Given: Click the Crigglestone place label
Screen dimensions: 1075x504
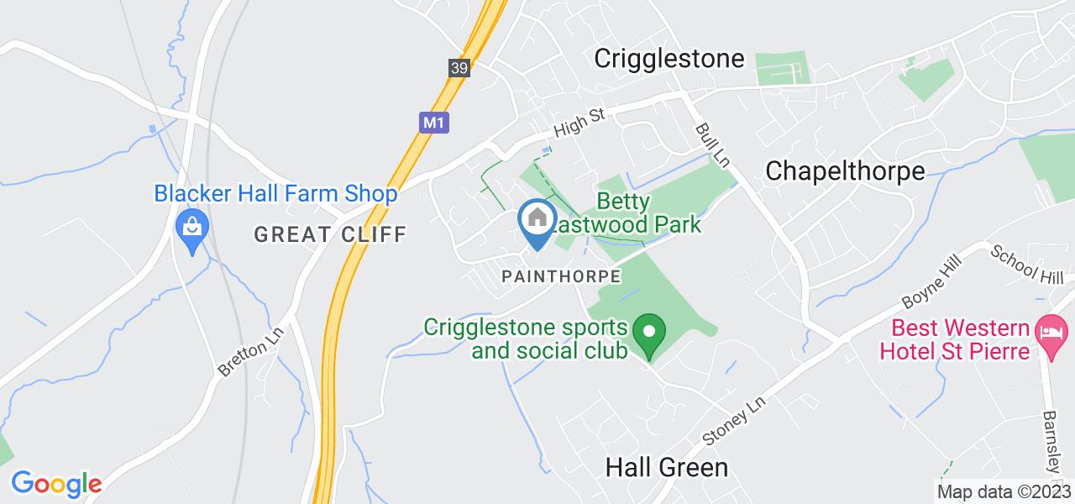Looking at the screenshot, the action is [x=669, y=58].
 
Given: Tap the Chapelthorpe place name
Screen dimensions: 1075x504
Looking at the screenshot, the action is [x=845, y=171].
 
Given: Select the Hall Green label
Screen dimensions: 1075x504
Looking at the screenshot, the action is [x=667, y=467].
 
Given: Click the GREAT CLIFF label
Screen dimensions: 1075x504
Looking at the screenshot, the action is [x=330, y=234].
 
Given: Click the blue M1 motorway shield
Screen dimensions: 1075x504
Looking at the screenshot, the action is [x=432, y=122].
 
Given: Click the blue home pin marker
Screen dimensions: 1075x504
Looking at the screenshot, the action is [x=536, y=222].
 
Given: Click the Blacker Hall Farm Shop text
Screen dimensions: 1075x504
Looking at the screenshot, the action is [x=275, y=194].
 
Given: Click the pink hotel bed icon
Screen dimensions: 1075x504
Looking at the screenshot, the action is [x=1049, y=329].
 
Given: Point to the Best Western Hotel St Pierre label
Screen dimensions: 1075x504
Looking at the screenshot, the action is [x=954, y=339].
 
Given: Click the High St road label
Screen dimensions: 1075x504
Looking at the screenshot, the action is [x=579, y=123].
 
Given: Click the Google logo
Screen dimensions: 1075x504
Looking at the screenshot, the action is [x=56, y=484].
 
